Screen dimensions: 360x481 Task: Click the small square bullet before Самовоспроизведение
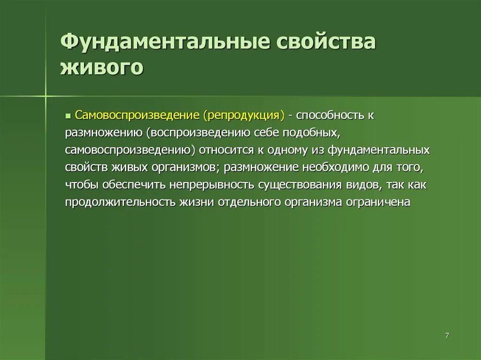68,115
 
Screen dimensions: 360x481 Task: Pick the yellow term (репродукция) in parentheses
244,115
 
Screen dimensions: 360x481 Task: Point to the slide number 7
447,335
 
